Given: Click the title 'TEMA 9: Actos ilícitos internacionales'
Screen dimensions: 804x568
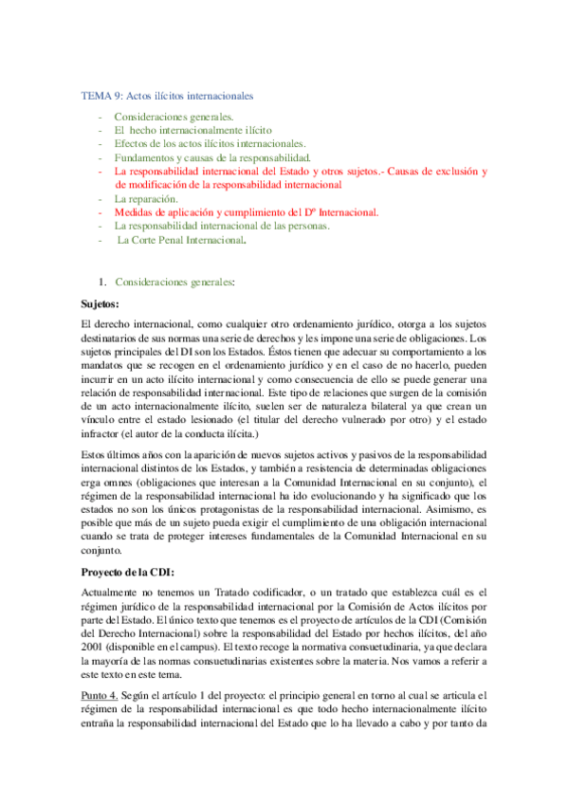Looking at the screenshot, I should pos(165,97).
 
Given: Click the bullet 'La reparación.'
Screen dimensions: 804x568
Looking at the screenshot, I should pos(146,200).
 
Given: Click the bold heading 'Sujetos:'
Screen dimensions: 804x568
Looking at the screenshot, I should pos(104,304).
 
